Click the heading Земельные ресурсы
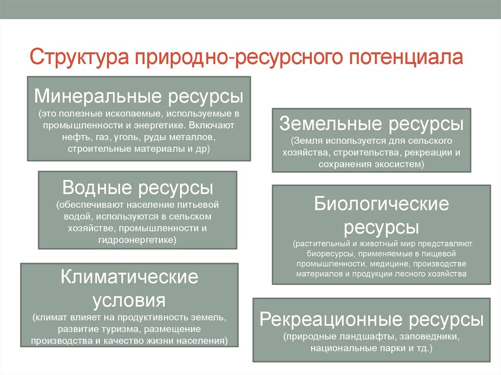point(371,124)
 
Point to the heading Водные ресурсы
point(137,188)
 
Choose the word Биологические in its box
point(381,203)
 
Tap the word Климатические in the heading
point(129,277)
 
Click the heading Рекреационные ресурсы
point(371,320)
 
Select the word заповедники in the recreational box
point(430,337)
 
